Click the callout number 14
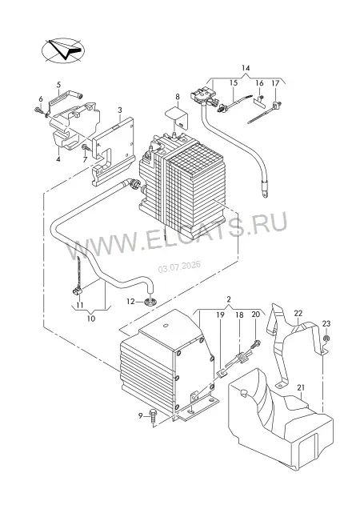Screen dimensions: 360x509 tap(246, 68)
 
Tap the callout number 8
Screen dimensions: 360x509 tap(178, 96)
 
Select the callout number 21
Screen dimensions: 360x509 tap(301, 387)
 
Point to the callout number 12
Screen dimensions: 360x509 tap(130, 302)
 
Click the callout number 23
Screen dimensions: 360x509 tap(326, 323)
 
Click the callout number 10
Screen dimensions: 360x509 tap(91, 319)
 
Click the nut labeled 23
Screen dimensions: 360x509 tap(326, 339)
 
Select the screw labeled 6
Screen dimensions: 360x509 tap(38, 110)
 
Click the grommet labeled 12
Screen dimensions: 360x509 tap(150, 303)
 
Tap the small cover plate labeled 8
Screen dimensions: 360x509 tap(176, 116)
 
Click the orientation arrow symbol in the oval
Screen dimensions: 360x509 tap(63, 50)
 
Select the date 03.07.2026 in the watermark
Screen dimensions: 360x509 tap(179, 267)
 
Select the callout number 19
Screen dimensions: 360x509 tap(220, 315)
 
